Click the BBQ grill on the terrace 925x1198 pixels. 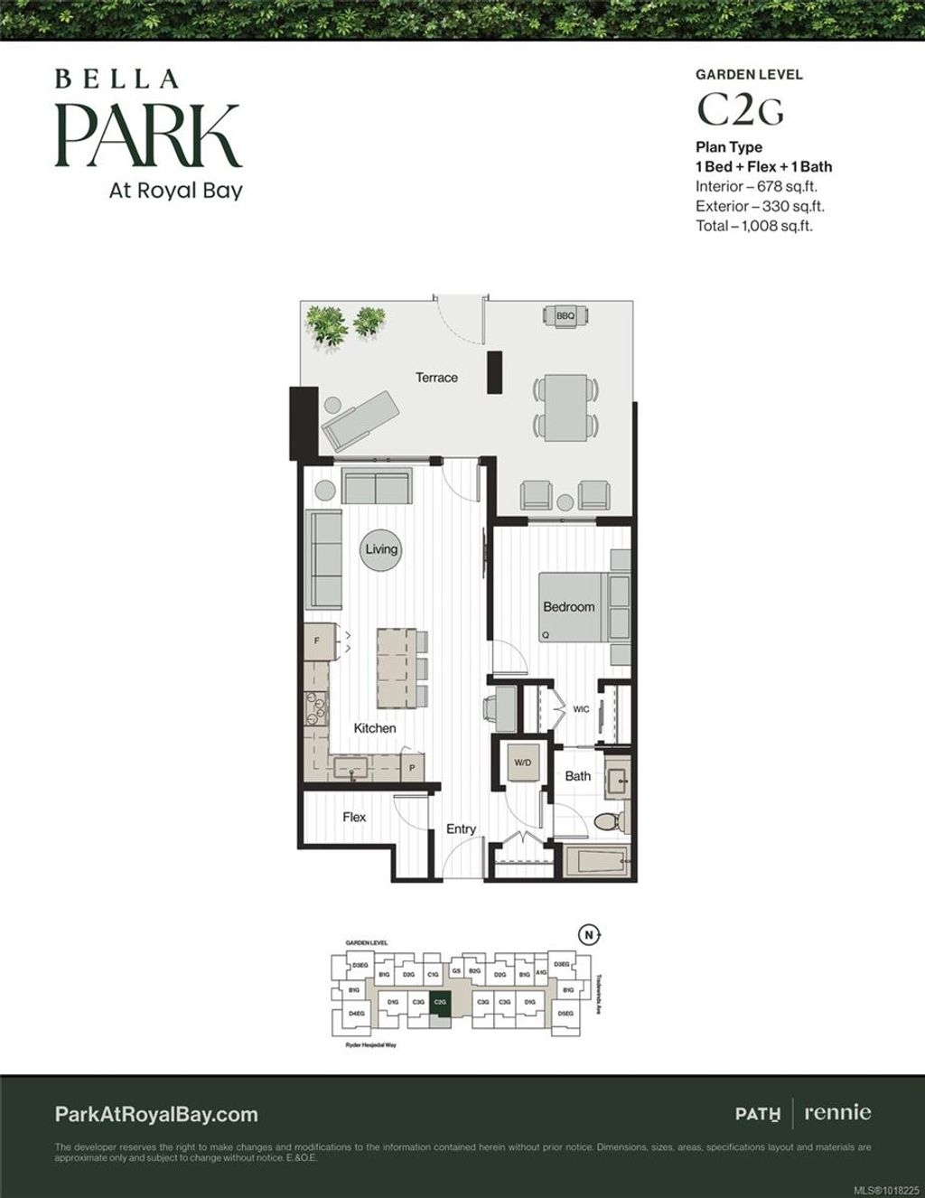click(x=565, y=316)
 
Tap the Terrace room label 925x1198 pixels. click(x=436, y=378)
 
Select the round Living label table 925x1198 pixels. click(x=381, y=549)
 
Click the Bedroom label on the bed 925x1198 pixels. click(x=568, y=607)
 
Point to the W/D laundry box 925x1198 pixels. click(x=523, y=763)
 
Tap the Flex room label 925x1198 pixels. click(x=354, y=817)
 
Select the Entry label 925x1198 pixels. click(x=461, y=829)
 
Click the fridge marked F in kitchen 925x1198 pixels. click(x=317, y=641)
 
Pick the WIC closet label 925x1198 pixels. click(x=581, y=709)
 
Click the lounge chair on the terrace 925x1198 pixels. click(x=359, y=419)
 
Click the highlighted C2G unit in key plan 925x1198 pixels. click(x=440, y=1002)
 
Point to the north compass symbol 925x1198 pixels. click(x=588, y=935)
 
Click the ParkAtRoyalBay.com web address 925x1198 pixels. click(x=156, y=1115)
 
